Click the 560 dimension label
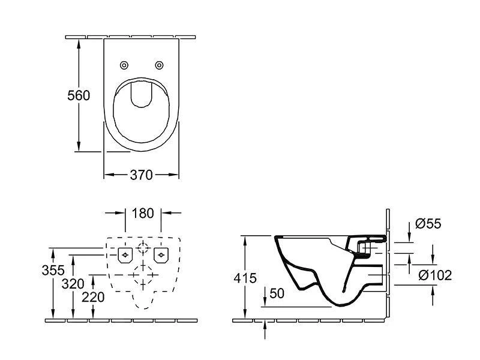[x=78, y=95]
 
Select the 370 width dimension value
[x=142, y=175]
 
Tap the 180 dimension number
[x=143, y=213]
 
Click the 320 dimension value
[x=73, y=284]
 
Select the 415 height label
[x=245, y=278]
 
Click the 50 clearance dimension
[x=277, y=293]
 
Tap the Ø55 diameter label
[x=428, y=224]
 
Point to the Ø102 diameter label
[x=435, y=275]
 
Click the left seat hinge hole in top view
[x=124, y=65]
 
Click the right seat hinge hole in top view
[x=159, y=65]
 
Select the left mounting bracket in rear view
[x=125, y=255]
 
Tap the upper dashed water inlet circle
[x=143, y=249]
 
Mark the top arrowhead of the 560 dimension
[x=78, y=43]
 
